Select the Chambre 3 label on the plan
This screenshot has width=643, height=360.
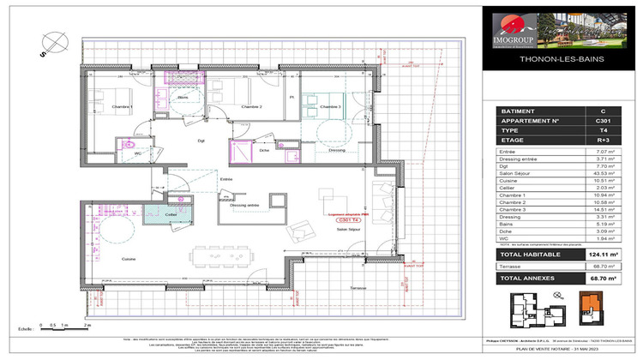[x=330, y=106]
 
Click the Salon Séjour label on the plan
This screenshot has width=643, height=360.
[x=347, y=231]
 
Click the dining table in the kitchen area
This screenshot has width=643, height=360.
[x=228, y=256]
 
